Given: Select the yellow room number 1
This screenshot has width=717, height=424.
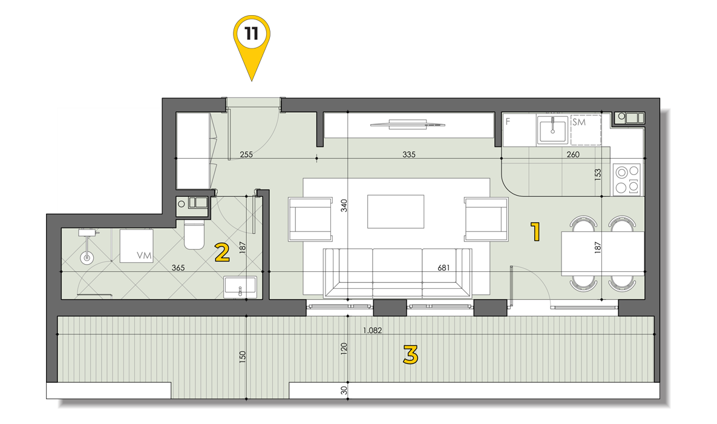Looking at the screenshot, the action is click(535, 231).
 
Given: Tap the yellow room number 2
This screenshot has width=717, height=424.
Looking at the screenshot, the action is click(222, 253).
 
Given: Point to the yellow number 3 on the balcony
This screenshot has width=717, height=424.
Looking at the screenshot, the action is click(411, 354).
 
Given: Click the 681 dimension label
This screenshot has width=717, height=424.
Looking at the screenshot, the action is click(444, 268).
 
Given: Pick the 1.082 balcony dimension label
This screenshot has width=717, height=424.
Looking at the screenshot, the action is click(372, 330).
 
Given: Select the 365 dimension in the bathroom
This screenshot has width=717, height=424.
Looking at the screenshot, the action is click(178, 268).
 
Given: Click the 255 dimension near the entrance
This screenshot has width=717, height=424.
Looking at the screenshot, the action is click(246, 155).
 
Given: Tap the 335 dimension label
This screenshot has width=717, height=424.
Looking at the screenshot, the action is click(409, 155).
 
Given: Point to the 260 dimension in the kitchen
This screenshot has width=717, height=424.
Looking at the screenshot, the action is click(573, 155).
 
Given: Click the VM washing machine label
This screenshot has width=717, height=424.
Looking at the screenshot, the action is click(144, 256).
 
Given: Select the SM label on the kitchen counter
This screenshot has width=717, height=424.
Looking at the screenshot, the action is click(579, 122).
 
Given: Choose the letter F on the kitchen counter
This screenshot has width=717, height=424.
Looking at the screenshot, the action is click(508, 122).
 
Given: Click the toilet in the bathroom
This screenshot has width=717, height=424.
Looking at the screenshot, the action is click(194, 234).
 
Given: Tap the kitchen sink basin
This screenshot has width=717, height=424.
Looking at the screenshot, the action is click(552, 130).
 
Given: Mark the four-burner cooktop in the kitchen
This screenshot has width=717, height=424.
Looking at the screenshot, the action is click(627, 179).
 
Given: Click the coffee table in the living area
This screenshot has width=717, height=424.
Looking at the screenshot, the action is click(396, 211).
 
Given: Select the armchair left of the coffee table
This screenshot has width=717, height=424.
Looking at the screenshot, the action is click(310, 219).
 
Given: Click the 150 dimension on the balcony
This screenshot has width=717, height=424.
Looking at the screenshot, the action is click(243, 356).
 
